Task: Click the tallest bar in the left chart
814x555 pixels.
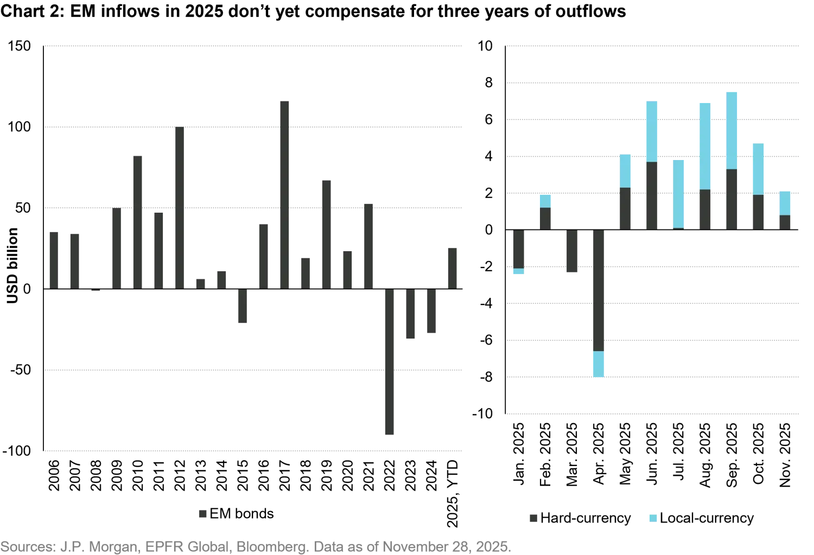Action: (x=284, y=194)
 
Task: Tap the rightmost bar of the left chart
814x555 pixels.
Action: (x=454, y=267)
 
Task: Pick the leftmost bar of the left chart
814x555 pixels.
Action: (x=54, y=259)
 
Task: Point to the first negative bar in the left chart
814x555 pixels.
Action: (x=241, y=307)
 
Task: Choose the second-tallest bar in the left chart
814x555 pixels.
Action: (x=180, y=207)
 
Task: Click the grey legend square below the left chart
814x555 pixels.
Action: (x=202, y=514)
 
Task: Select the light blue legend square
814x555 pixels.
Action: (x=653, y=518)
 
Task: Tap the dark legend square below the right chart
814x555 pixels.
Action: (x=534, y=518)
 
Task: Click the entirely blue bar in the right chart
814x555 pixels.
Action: (x=679, y=194)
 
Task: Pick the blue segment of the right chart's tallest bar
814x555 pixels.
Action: (x=732, y=130)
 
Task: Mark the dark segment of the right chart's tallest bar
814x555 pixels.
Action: (x=732, y=199)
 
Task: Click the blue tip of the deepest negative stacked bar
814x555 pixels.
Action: (x=599, y=363)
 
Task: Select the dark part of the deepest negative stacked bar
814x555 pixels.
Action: (x=599, y=290)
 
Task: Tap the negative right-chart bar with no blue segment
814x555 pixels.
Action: (x=573, y=251)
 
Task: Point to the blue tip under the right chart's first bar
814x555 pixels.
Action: (x=519, y=272)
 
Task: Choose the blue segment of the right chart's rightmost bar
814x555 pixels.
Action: (x=785, y=203)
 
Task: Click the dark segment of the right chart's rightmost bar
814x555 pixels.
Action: (x=785, y=222)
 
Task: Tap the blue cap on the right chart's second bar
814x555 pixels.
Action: (x=545, y=201)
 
